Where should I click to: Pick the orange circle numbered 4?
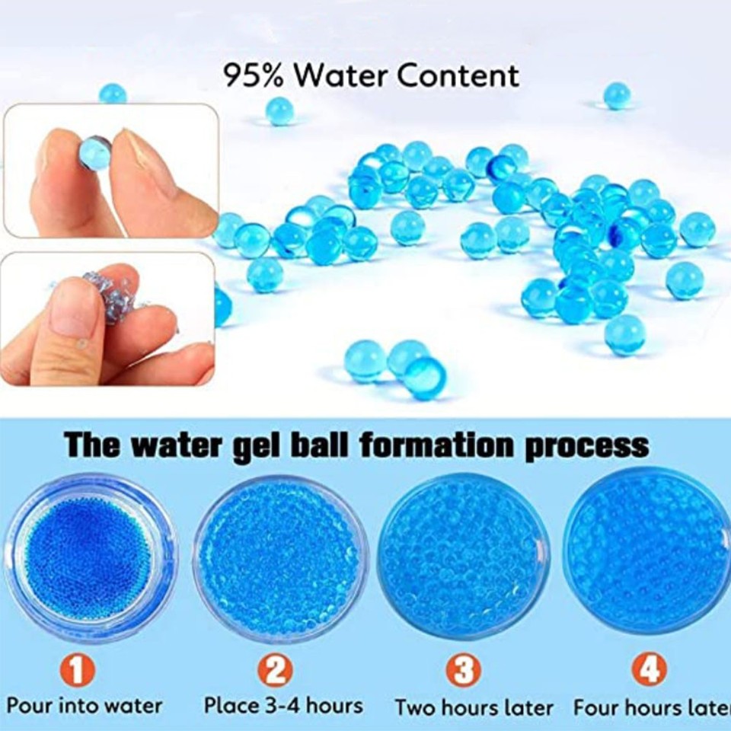point(649,670)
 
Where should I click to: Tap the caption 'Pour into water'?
point(85,705)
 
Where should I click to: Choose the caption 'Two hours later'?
point(474,707)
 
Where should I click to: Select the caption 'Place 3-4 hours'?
point(283,705)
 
